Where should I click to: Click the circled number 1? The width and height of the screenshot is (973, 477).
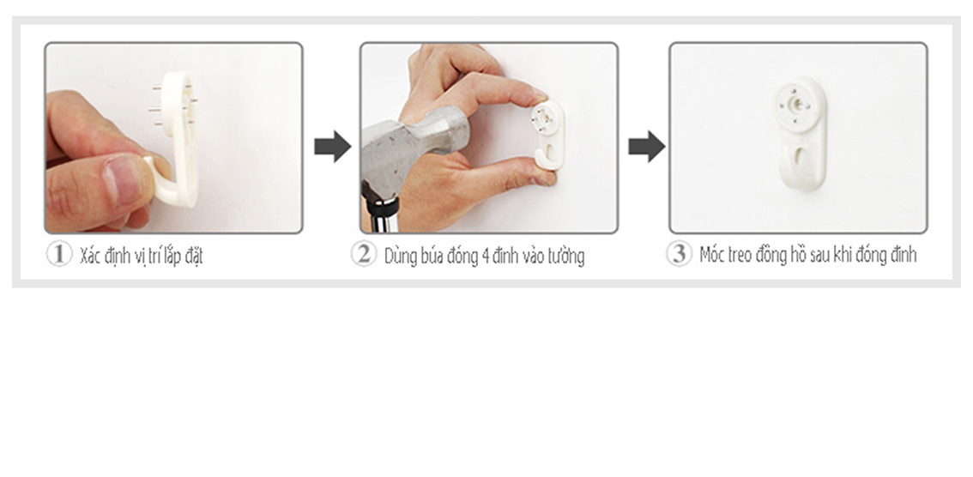point(59,254)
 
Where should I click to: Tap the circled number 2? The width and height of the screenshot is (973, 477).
point(364,254)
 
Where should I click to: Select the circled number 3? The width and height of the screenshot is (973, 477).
point(679,254)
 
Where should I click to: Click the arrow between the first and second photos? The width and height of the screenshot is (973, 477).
point(333,147)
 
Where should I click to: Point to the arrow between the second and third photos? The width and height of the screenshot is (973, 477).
point(647,147)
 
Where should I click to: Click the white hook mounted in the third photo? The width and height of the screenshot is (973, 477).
point(801,132)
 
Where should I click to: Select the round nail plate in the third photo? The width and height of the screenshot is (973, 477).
point(799,104)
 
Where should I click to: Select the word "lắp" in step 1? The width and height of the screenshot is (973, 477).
point(173,256)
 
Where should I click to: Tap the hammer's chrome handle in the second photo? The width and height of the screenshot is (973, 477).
point(380,213)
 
